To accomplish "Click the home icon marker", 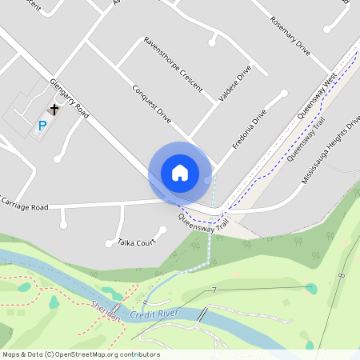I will (x=180, y=172).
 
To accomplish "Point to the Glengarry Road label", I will (x=68, y=99).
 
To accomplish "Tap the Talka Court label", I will (x=135, y=242).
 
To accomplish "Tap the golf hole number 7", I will (x=214, y=289).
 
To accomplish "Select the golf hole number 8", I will (x=342, y=275).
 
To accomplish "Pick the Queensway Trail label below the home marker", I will (x=204, y=221).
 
